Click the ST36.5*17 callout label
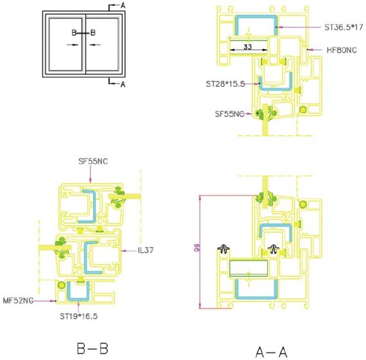[344, 28]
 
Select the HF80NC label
[342, 50]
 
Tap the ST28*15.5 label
[225, 84]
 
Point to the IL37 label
[146, 250]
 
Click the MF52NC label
[18, 301]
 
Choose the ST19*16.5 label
[79, 316]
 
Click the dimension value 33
[248, 47]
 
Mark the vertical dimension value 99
[197, 248]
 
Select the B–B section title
[92, 348]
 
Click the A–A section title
[271, 352]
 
